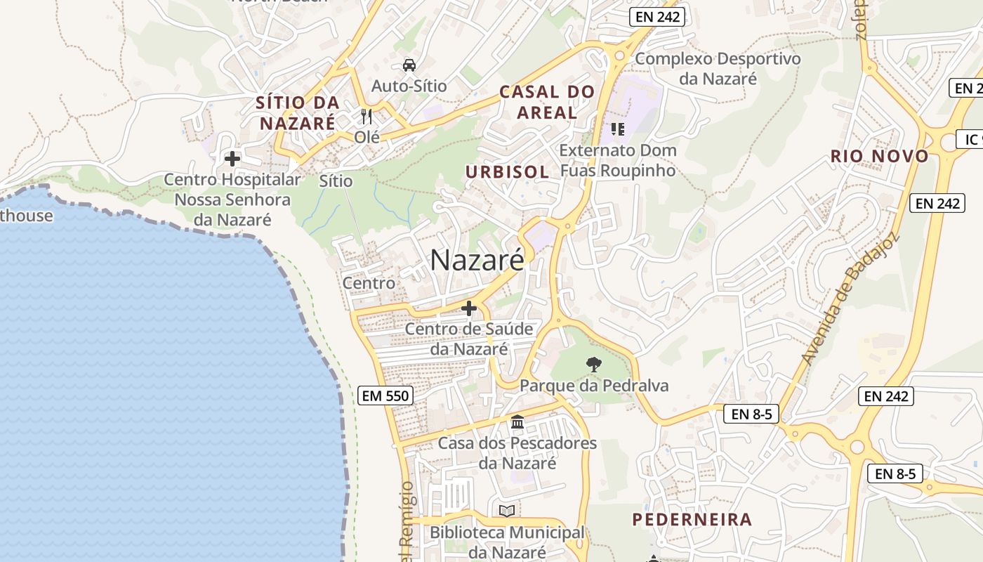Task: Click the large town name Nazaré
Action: tap(477, 261)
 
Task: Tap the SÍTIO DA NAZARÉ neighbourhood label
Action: tap(298, 112)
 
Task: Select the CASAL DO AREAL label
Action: tap(547, 102)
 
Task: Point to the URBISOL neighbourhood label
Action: tap(507, 172)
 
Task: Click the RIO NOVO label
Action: tap(879, 156)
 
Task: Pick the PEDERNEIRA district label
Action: tap(692, 520)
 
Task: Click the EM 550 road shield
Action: tap(385, 396)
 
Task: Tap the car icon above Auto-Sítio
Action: tap(409, 65)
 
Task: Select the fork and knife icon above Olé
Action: tap(366, 116)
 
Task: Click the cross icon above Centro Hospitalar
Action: tap(232, 159)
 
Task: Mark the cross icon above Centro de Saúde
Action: tap(469, 308)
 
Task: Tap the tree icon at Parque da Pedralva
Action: tap(594, 364)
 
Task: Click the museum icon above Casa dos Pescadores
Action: tap(517, 422)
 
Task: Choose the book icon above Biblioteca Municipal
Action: tap(507, 511)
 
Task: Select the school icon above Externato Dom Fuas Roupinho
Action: tap(618, 129)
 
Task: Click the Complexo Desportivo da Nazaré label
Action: tap(718, 68)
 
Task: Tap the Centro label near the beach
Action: tap(369, 283)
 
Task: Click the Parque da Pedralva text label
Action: tap(594, 386)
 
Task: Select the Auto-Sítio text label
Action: tap(409, 86)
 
